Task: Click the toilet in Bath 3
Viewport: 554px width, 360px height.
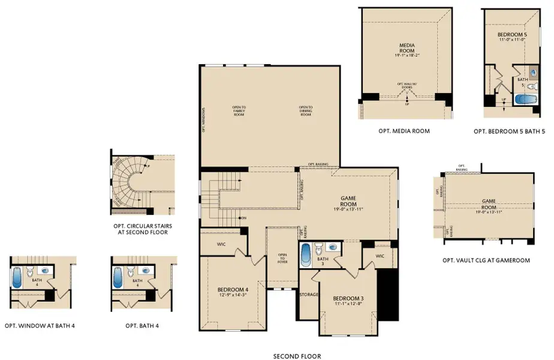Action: [320, 247]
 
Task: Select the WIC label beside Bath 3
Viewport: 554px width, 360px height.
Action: [380, 256]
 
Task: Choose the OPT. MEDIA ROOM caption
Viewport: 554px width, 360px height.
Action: [404, 131]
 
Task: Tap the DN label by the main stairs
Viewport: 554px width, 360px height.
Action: [243, 217]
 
